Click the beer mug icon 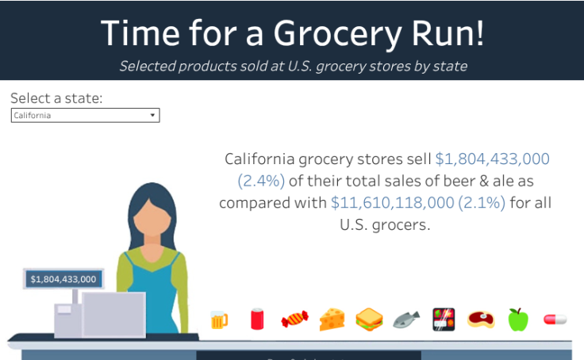[x=219, y=320]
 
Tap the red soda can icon [x=257, y=319]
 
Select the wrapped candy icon [x=294, y=320]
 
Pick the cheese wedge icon [x=332, y=319]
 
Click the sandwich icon [x=370, y=320]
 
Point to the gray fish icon [x=406, y=320]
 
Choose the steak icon [x=481, y=320]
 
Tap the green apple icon [x=518, y=319]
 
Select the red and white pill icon [x=555, y=319]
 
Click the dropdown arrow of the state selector [x=152, y=116]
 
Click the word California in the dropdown [x=33, y=116]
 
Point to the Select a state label [x=56, y=98]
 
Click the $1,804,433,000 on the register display [x=63, y=279]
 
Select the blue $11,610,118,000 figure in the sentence [x=393, y=203]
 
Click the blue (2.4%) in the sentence [x=259, y=181]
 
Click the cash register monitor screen [x=114, y=313]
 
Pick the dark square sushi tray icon [x=444, y=320]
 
